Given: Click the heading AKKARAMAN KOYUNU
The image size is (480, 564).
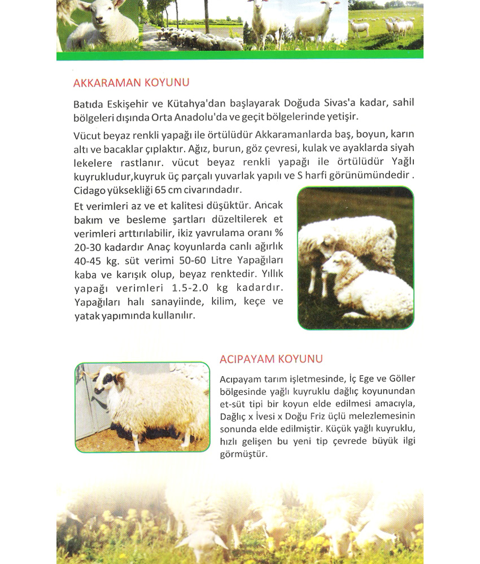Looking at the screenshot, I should (131, 82).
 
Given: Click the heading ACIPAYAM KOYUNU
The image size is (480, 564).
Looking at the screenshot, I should (270, 359).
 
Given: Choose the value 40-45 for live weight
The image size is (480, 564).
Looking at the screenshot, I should (89, 261).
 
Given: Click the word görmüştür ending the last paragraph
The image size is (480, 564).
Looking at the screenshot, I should (242, 453).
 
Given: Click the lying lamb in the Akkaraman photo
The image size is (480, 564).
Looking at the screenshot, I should (367, 288).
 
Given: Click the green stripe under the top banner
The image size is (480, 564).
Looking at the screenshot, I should (239, 55).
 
